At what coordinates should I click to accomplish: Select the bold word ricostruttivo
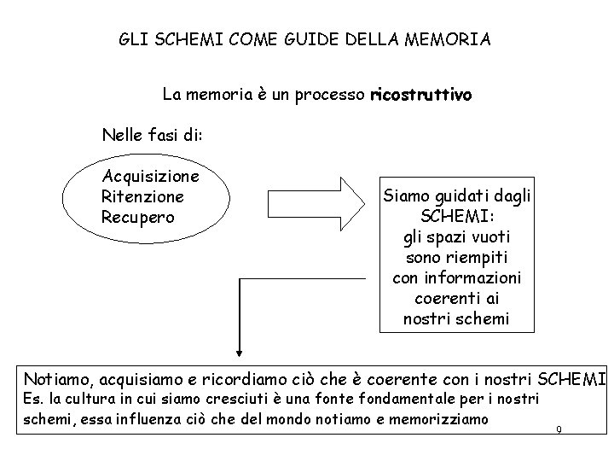pyautogui.click(x=420, y=95)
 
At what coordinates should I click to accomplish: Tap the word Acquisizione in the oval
pyautogui.click(x=151, y=177)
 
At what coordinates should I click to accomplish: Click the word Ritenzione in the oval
pyautogui.click(x=143, y=196)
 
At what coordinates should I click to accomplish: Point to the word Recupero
pyautogui.click(x=137, y=216)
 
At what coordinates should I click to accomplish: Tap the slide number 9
pyautogui.click(x=558, y=429)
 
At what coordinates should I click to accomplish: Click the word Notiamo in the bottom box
pyautogui.click(x=58, y=378)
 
